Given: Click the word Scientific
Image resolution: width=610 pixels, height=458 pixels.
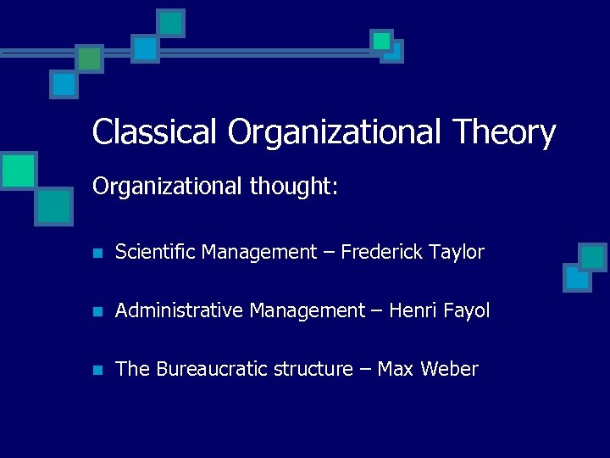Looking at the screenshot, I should [x=156, y=252].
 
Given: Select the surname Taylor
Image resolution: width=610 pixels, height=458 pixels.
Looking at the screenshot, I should [x=457, y=252].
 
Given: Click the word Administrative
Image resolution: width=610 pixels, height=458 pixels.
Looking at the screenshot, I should [x=180, y=311].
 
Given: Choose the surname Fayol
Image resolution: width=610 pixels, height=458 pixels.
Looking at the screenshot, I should [x=466, y=311].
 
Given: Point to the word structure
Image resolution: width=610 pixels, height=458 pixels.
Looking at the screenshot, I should [x=308, y=369].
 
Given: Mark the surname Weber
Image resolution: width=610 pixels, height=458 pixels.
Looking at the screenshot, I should [x=449, y=369].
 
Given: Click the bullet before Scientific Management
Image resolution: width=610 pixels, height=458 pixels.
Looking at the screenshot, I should [x=98, y=253].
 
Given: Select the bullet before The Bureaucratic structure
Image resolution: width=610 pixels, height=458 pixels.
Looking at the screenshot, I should [x=98, y=370].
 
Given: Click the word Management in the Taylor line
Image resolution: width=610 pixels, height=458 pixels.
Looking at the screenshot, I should [x=258, y=252].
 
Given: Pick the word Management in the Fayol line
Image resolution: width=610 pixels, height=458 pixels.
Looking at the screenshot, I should [x=307, y=311].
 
